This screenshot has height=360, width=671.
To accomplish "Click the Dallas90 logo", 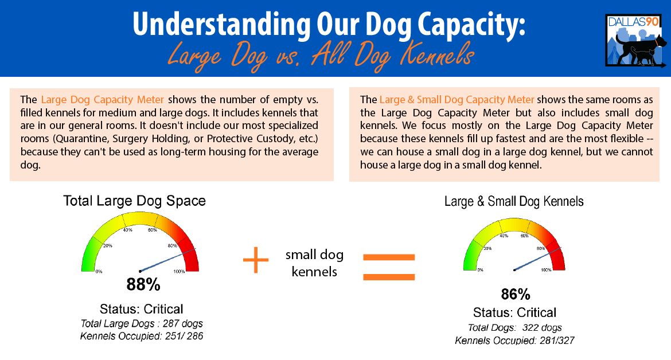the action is click(x=636, y=40).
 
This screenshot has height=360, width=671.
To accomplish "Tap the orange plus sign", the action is click(x=256, y=260).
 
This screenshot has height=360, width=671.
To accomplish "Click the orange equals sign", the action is click(x=389, y=267).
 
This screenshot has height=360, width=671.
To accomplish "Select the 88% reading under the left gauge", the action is click(x=143, y=284).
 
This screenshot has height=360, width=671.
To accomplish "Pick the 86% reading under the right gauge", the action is click(x=516, y=294).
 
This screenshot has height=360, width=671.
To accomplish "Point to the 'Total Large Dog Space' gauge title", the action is click(x=134, y=201).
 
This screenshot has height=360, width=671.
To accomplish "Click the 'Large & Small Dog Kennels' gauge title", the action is click(x=514, y=201).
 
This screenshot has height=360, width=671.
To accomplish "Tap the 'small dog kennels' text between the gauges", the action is click(x=314, y=263).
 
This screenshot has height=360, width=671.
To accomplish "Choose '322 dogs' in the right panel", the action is click(x=542, y=327).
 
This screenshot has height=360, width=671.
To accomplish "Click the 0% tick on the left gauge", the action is click(x=99, y=272).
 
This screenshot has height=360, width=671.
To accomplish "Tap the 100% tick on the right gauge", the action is click(x=546, y=270).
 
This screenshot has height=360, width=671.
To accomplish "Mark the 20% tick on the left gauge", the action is click(x=107, y=246).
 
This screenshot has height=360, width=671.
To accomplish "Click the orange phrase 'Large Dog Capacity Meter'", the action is click(x=102, y=100).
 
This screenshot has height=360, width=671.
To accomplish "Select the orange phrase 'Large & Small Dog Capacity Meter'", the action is click(x=457, y=100).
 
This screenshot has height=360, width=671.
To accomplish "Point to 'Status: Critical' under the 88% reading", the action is click(x=141, y=308).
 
